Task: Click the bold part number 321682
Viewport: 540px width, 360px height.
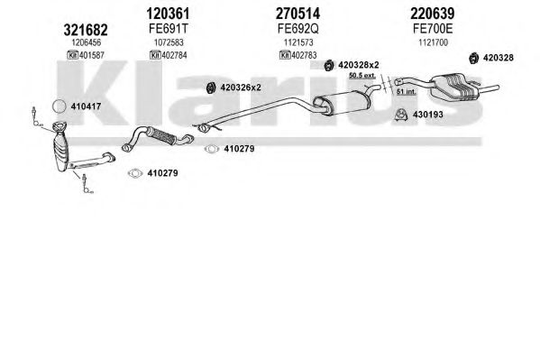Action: point(86,30)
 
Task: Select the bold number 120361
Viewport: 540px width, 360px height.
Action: point(168,14)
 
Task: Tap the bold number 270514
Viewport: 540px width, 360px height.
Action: point(297,14)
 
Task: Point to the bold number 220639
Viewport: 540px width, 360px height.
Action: point(433,14)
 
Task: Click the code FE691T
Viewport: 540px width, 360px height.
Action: point(169,29)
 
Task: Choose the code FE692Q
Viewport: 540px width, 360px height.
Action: point(298,29)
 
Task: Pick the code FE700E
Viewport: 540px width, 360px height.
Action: point(433,29)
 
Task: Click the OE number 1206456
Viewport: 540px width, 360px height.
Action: point(87,42)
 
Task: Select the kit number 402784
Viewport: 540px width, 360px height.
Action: point(174,55)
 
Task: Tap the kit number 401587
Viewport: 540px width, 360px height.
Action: point(92,55)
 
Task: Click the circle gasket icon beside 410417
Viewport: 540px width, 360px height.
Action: point(59,106)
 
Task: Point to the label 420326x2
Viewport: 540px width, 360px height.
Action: point(241,88)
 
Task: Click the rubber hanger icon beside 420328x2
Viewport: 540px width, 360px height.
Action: point(329,65)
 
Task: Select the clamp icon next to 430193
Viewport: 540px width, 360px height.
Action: point(401,115)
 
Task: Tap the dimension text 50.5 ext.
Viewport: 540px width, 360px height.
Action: point(362,75)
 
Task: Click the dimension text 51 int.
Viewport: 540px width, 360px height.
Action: point(407,92)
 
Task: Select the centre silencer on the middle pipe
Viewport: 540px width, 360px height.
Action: point(341,103)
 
